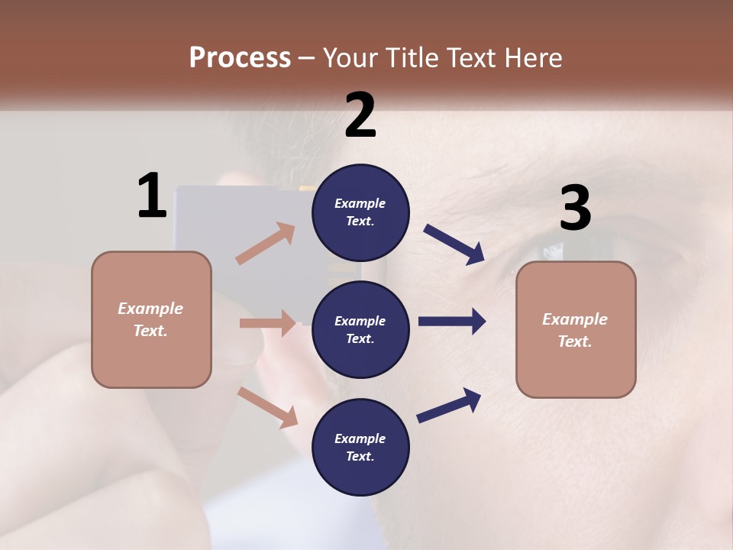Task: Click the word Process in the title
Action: pos(240,57)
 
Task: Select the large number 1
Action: pos(152,196)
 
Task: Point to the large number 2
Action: pos(360,115)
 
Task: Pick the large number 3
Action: pos(575,208)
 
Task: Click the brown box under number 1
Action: pos(151,319)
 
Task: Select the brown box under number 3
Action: pos(576,330)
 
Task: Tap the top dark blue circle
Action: pos(360,212)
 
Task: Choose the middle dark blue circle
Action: pos(360,329)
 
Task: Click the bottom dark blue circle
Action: pos(360,447)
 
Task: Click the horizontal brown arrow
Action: pos(267,323)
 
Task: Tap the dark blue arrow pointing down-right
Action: pos(454,244)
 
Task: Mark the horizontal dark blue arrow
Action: pos(452,322)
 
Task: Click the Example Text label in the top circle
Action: pos(360,212)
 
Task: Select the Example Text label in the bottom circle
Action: pos(360,447)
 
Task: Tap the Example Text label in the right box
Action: pos(575,330)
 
